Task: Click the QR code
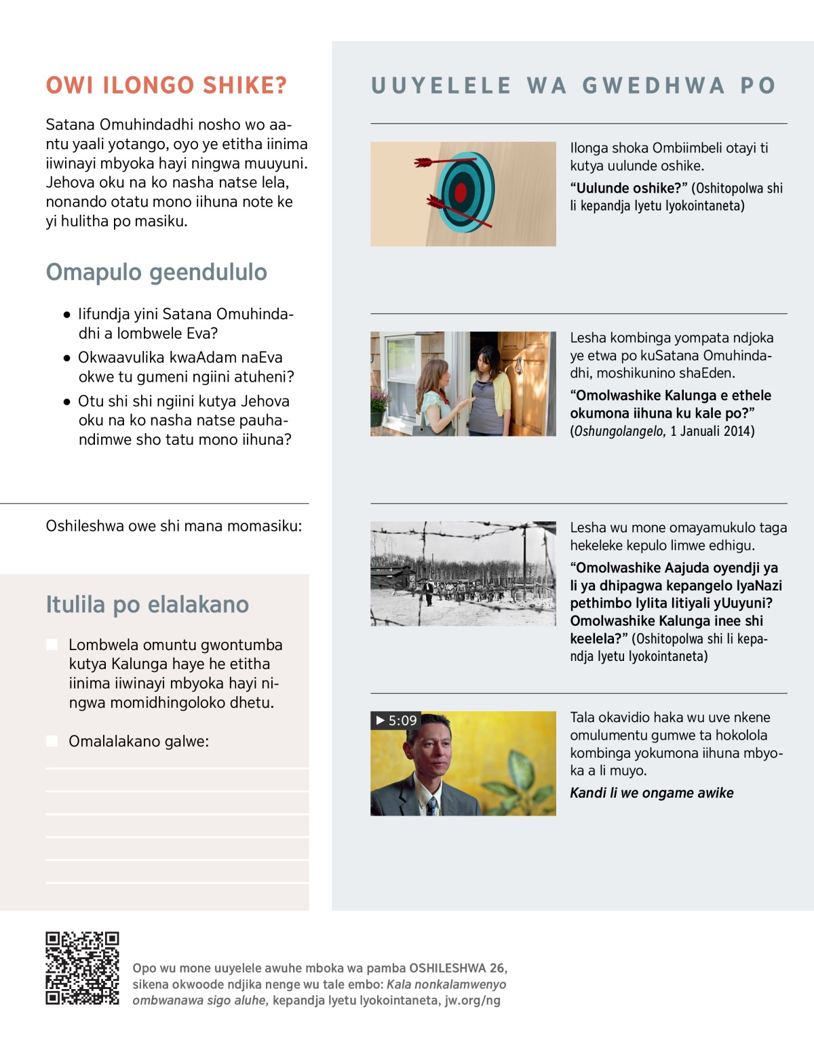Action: point(82,968)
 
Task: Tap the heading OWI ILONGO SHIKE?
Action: point(166,85)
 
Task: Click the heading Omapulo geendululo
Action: point(156,272)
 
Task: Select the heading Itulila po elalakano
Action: point(147,604)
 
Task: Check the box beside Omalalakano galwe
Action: point(52,741)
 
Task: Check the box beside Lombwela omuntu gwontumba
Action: point(52,645)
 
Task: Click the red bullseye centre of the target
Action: point(461,193)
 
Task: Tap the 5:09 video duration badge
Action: point(396,720)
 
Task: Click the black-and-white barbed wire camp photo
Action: point(463,574)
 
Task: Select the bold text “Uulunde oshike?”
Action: point(629,188)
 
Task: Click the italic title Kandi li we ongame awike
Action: point(651,793)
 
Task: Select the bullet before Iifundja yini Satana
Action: point(66,315)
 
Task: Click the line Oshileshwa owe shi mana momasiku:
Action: point(174,526)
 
